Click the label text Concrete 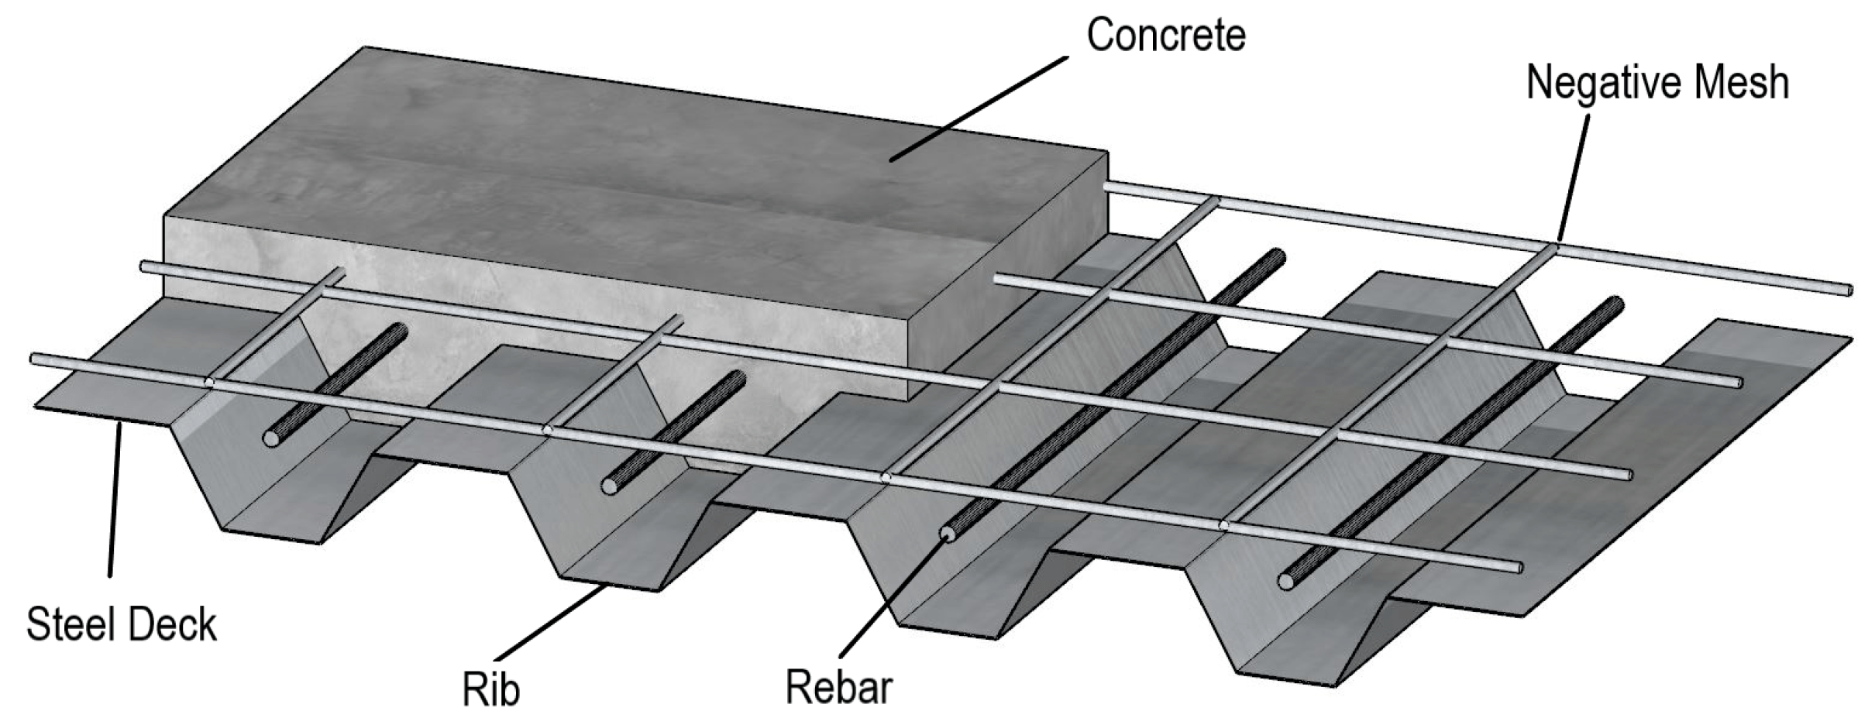1165,36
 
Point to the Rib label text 490,689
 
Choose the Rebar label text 838,686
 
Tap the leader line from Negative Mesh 1573,178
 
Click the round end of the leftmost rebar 270,439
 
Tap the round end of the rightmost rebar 1285,581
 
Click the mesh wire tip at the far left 34,359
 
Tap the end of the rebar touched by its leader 946,533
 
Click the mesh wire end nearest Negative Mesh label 1849,290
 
